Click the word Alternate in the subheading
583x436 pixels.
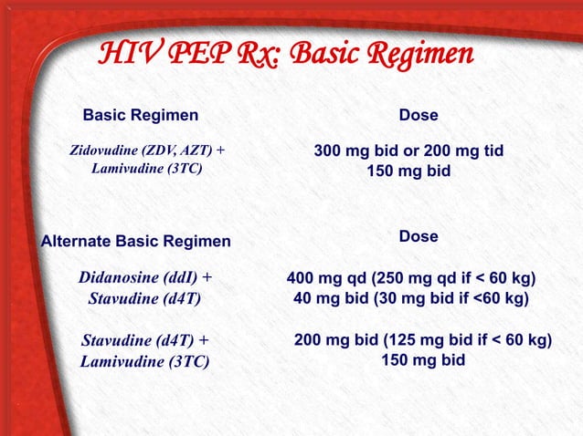(x=76, y=242)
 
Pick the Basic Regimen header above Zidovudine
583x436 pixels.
(x=140, y=116)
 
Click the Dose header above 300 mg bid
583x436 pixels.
(x=419, y=116)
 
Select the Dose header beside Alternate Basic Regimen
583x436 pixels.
(x=419, y=236)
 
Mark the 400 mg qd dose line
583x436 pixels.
(x=410, y=277)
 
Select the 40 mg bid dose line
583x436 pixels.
(x=410, y=297)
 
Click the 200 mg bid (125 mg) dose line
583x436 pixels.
(x=422, y=340)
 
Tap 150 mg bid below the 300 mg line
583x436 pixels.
(x=408, y=170)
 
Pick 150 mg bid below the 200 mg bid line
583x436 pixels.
(x=422, y=360)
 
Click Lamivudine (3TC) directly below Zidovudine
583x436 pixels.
(x=146, y=170)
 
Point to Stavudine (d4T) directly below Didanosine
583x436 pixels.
(x=144, y=298)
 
